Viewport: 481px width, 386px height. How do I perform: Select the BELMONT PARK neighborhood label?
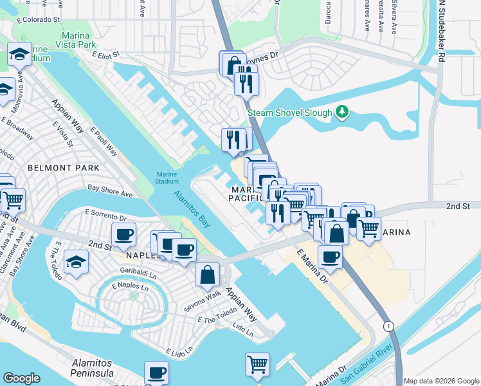click(x=64, y=168)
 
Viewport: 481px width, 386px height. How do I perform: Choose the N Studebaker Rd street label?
click(x=441, y=31)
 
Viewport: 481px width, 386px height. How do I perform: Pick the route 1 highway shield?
click(x=388, y=326)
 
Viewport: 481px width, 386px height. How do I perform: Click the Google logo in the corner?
click(x=21, y=378)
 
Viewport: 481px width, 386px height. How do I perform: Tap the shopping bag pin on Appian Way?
click(x=208, y=275)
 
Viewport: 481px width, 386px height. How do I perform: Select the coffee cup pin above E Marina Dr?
click(x=330, y=257)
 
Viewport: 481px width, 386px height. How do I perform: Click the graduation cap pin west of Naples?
click(x=77, y=262)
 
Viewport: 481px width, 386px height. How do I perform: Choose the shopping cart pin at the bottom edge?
click(x=258, y=364)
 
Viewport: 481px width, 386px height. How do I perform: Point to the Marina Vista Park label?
click(x=78, y=40)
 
